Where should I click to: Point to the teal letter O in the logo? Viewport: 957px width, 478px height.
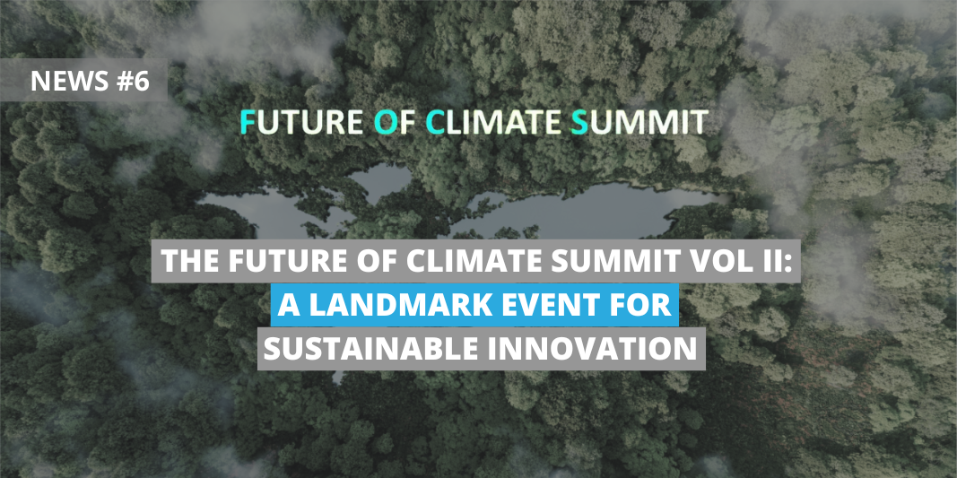(384, 122)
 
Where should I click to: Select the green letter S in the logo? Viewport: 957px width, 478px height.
(579, 122)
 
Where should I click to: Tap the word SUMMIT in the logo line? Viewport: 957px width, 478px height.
(639, 122)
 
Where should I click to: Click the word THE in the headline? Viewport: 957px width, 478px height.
(186, 261)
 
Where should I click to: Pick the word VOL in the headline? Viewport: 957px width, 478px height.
(729, 261)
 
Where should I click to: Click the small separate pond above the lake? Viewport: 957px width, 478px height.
(380, 180)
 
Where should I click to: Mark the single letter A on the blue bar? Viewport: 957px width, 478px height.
(289, 305)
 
